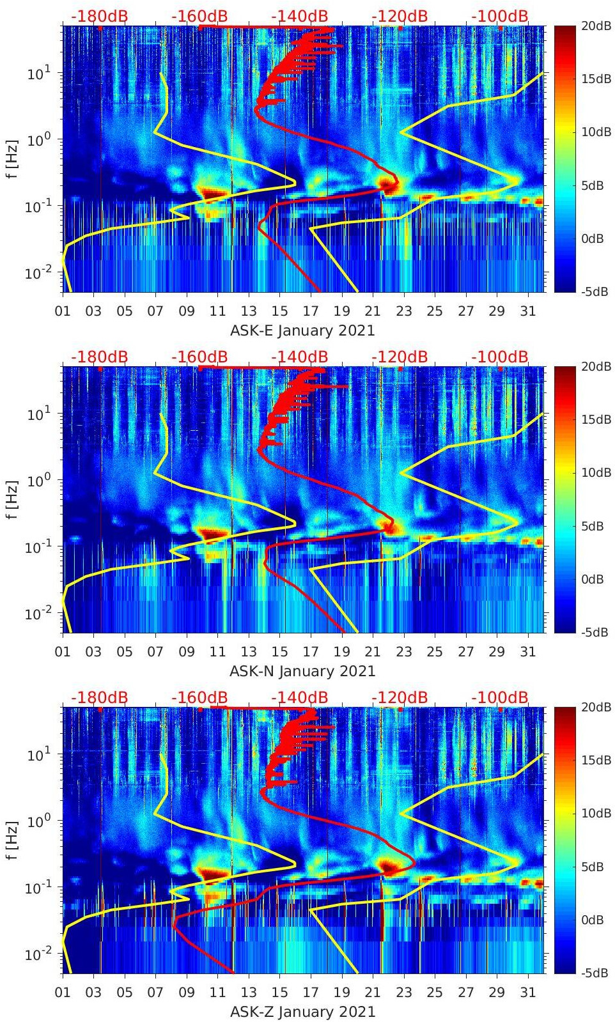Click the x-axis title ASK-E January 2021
(x=302, y=330)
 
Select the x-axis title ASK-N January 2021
(x=302, y=671)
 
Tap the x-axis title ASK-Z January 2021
(x=302, y=1012)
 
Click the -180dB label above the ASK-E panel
(x=99, y=16)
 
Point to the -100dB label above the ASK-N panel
(x=500, y=357)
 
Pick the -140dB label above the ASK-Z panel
(x=299, y=697)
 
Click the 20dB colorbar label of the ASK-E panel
(x=594, y=26)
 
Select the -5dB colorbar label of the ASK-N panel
(x=594, y=632)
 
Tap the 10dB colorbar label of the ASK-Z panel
(x=594, y=813)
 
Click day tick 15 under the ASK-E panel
(x=279, y=311)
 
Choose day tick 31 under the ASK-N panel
(x=527, y=652)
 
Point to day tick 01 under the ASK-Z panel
(x=63, y=993)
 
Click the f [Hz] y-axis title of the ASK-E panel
(x=12, y=159)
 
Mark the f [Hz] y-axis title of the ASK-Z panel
(x=12, y=840)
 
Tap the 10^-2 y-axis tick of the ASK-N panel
(x=38, y=614)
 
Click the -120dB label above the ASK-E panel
(x=400, y=16)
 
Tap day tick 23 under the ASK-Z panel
(x=403, y=993)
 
